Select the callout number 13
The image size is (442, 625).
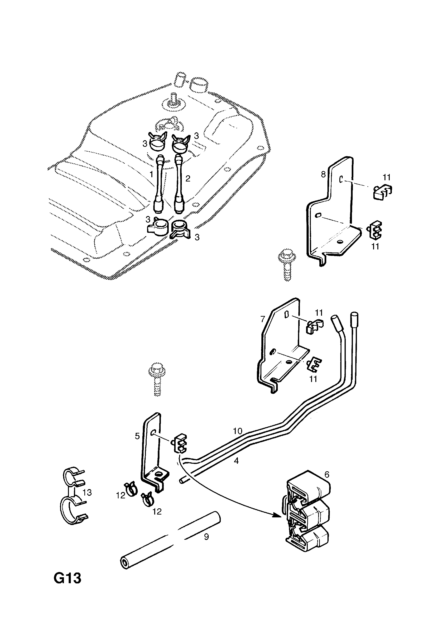point(87,492)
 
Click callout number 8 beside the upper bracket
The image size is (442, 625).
point(323,174)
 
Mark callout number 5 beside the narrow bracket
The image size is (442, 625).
point(137,436)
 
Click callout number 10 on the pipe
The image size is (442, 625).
point(237,431)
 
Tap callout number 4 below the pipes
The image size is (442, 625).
point(236,461)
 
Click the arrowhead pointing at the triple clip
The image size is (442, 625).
point(277,515)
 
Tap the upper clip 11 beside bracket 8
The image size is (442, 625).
point(382,192)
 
